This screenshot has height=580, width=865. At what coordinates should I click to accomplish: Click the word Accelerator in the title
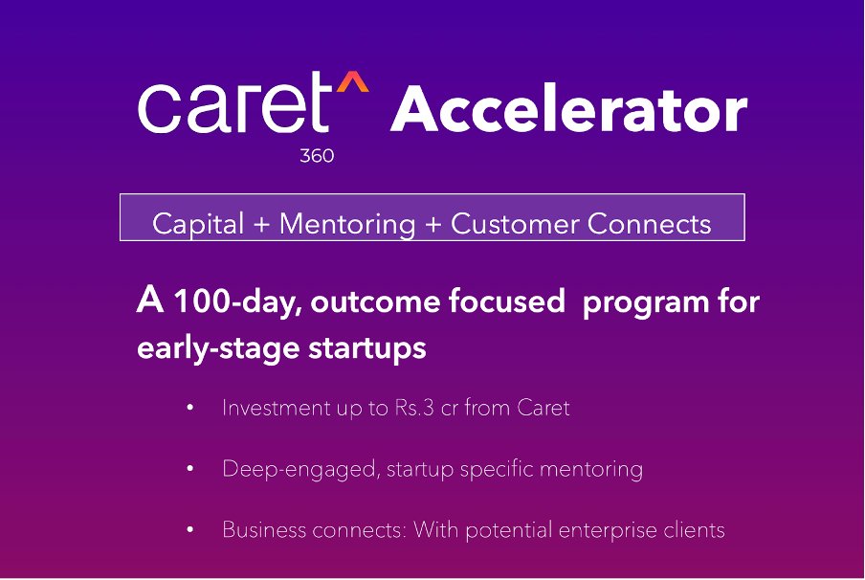coord(568,111)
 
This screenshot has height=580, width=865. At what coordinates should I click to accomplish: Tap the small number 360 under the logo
coord(317,156)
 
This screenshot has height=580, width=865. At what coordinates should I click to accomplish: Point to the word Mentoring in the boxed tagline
coord(348,224)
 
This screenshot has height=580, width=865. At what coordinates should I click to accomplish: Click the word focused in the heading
coord(506,302)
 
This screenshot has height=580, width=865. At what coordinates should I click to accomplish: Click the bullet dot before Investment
coord(190,409)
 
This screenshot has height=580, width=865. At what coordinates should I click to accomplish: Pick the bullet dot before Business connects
coord(190,530)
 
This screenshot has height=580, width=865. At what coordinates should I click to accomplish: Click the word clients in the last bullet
coord(692,529)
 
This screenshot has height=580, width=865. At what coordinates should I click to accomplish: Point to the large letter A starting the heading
coord(150,301)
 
